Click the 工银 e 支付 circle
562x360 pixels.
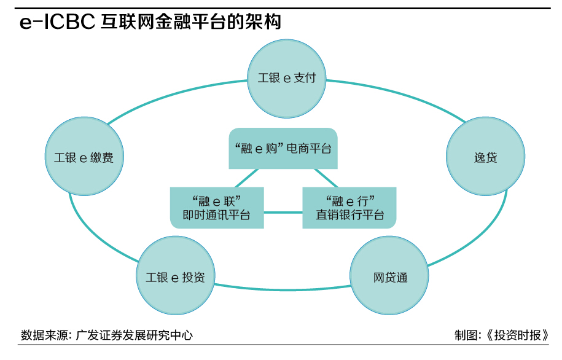[x=286, y=79]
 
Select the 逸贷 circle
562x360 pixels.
[x=485, y=157]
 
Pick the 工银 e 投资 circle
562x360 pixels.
[x=174, y=276]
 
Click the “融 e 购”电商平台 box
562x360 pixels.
[x=283, y=148]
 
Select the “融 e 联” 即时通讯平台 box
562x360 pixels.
[x=216, y=208]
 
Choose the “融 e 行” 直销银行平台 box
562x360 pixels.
[x=349, y=208]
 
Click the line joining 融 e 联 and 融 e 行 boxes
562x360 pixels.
[x=283, y=213]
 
